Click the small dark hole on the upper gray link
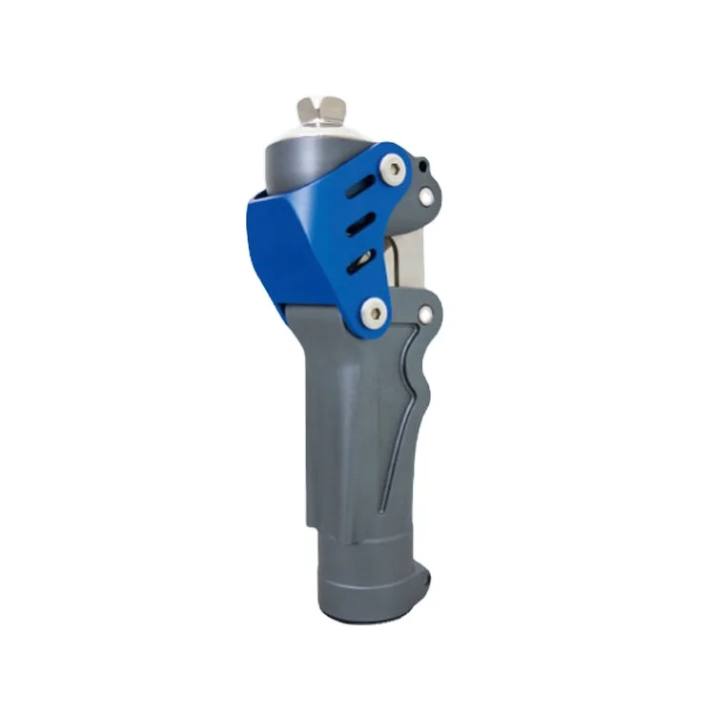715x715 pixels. pyautogui.click(x=423, y=173)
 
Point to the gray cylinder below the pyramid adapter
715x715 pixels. pyautogui.click(x=286, y=162)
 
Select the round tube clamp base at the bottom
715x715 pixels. pyautogui.click(x=367, y=572)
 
